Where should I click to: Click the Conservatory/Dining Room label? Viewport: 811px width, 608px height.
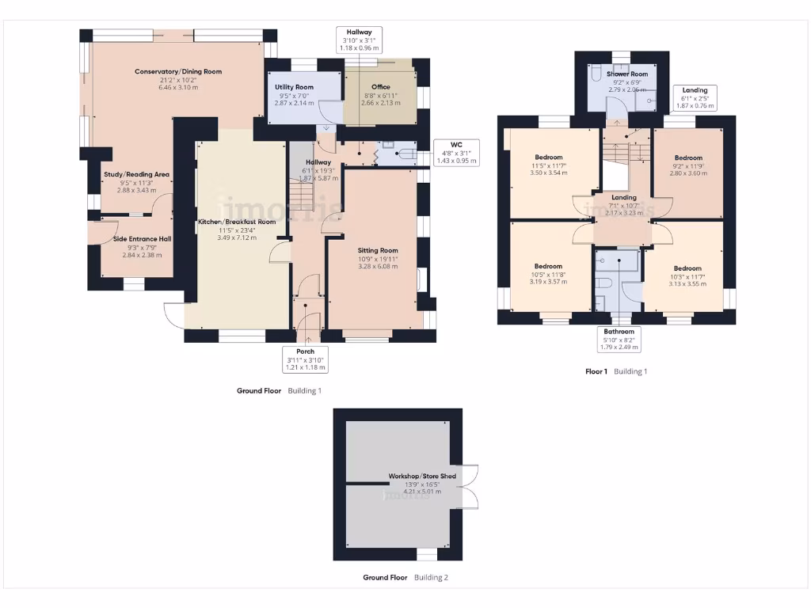[x=177, y=72]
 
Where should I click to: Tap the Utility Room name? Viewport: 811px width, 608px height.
[x=294, y=87]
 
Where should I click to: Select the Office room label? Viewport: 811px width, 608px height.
[x=380, y=87]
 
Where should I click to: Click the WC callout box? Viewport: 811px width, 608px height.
[x=457, y=152]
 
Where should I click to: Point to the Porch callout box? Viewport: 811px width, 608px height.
[x=305, y=359]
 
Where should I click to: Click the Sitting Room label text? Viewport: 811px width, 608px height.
[x=377, y=250]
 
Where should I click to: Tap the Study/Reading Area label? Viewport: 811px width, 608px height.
[x=137, y=174]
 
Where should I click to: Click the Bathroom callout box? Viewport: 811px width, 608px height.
[x=619, y=339]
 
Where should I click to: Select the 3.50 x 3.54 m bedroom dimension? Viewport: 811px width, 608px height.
[x=548, y=173]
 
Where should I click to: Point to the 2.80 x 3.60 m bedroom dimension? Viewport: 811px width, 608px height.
[x=687, y=173]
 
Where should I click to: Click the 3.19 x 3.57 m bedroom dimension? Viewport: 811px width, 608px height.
[x=548, y=282]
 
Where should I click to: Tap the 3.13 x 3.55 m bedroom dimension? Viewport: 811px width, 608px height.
[x=687, y=283]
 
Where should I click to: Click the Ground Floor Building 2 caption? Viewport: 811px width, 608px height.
[x=405, y=578]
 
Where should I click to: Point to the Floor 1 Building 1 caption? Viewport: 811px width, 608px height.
[x=615, y=371]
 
